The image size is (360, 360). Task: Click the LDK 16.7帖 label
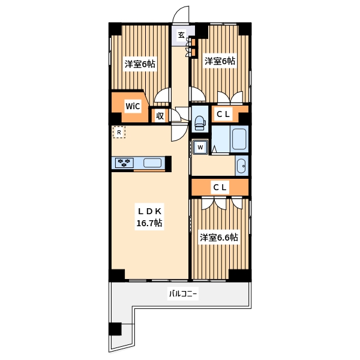click(149, 217)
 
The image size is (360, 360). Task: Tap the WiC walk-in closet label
click(133, 106)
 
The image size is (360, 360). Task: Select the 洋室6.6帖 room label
click(219, 238)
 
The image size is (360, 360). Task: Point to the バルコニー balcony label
click(183, 293)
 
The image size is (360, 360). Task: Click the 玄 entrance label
click(181, 35)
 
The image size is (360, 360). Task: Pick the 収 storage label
click(160, 116)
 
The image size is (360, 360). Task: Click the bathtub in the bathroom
click(239, 139)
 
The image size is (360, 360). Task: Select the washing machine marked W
click(200, 147)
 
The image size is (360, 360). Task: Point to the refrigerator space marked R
click(119, 132)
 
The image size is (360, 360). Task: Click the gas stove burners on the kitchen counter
click(124, 163)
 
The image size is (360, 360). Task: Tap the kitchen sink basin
click(152, 163)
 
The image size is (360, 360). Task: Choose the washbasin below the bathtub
click(241, 166)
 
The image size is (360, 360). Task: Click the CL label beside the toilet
click(223, 114)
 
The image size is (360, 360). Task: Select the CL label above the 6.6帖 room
click(220, 187)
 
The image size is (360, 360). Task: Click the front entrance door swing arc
click(181, 14)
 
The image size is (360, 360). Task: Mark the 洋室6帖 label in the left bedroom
click(140, 64)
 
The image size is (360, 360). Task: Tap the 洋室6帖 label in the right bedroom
click(220, 61)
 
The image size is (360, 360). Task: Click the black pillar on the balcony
click(115, 329)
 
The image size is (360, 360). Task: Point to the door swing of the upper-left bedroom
click(163, 95)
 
